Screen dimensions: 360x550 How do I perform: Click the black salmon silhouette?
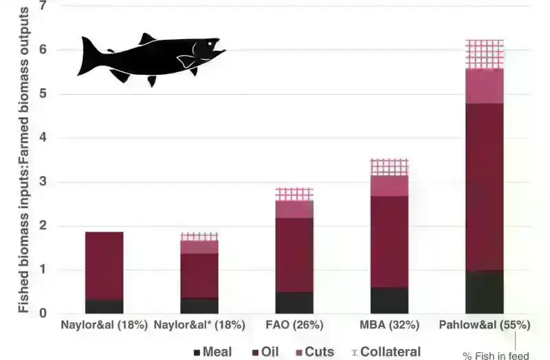pyautogui.click(x=148, y=58)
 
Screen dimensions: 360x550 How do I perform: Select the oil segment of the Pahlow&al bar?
pyautogui.click(x=485, y=186)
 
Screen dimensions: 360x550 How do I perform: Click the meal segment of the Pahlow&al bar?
pyautogui.click(x=485, y=292)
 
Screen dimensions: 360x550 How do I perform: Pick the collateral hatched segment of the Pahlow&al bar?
pyautogui.click(x=485, y=54)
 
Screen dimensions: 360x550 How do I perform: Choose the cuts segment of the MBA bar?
pyautogui.click(x=389, y=185)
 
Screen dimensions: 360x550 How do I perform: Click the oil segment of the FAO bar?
pyautogui.click(x=294, y=255)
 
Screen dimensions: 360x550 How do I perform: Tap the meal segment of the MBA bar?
pyautogui.click(x=389, y=300)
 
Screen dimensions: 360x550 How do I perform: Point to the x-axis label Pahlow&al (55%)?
pyautogui.click(x=485, y=324)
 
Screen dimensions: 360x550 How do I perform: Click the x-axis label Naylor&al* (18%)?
pyautogui.click(x=199, y=324)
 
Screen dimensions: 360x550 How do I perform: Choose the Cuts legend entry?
pyautogui.click(x=313, y=352)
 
